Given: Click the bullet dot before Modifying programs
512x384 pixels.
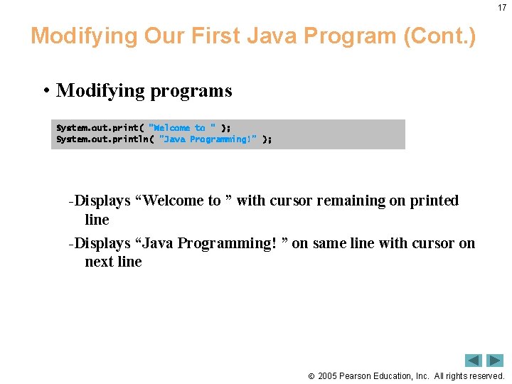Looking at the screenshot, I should tap(46, 91).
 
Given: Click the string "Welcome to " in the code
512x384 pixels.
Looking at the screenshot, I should tap(182, 128).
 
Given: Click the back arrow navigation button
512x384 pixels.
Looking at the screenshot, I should tap(474, 361).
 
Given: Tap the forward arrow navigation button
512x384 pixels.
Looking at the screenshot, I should tap(495, 361).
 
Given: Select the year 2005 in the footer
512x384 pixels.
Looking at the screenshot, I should tap(327, 376).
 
